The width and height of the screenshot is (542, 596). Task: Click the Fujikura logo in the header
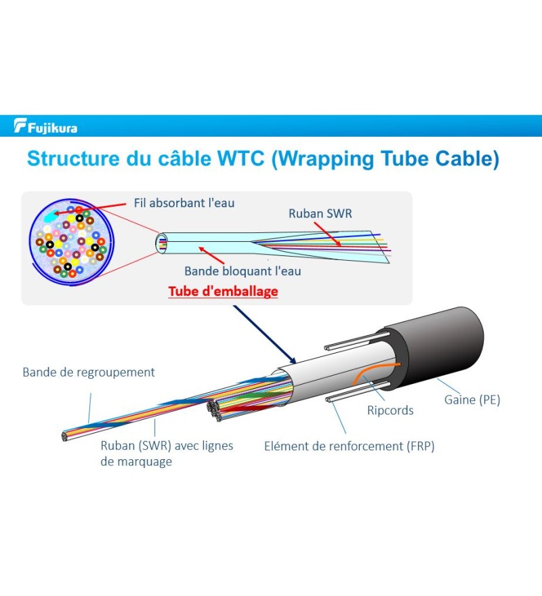tap(45, 127)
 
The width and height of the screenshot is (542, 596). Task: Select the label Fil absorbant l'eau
tap(184, 203)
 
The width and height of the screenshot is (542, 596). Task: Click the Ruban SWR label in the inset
tap(320, 213)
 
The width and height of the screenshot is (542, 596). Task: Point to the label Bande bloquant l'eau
tap(243, 271)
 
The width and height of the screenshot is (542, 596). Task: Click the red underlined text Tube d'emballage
tap(223, 291)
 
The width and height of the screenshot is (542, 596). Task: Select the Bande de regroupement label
tap(89, 372)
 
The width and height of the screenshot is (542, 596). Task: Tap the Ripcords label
tap(390, 410)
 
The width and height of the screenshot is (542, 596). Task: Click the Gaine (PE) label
tap(472, 400)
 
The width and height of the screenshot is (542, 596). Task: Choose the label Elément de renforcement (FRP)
tap(349, 446)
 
